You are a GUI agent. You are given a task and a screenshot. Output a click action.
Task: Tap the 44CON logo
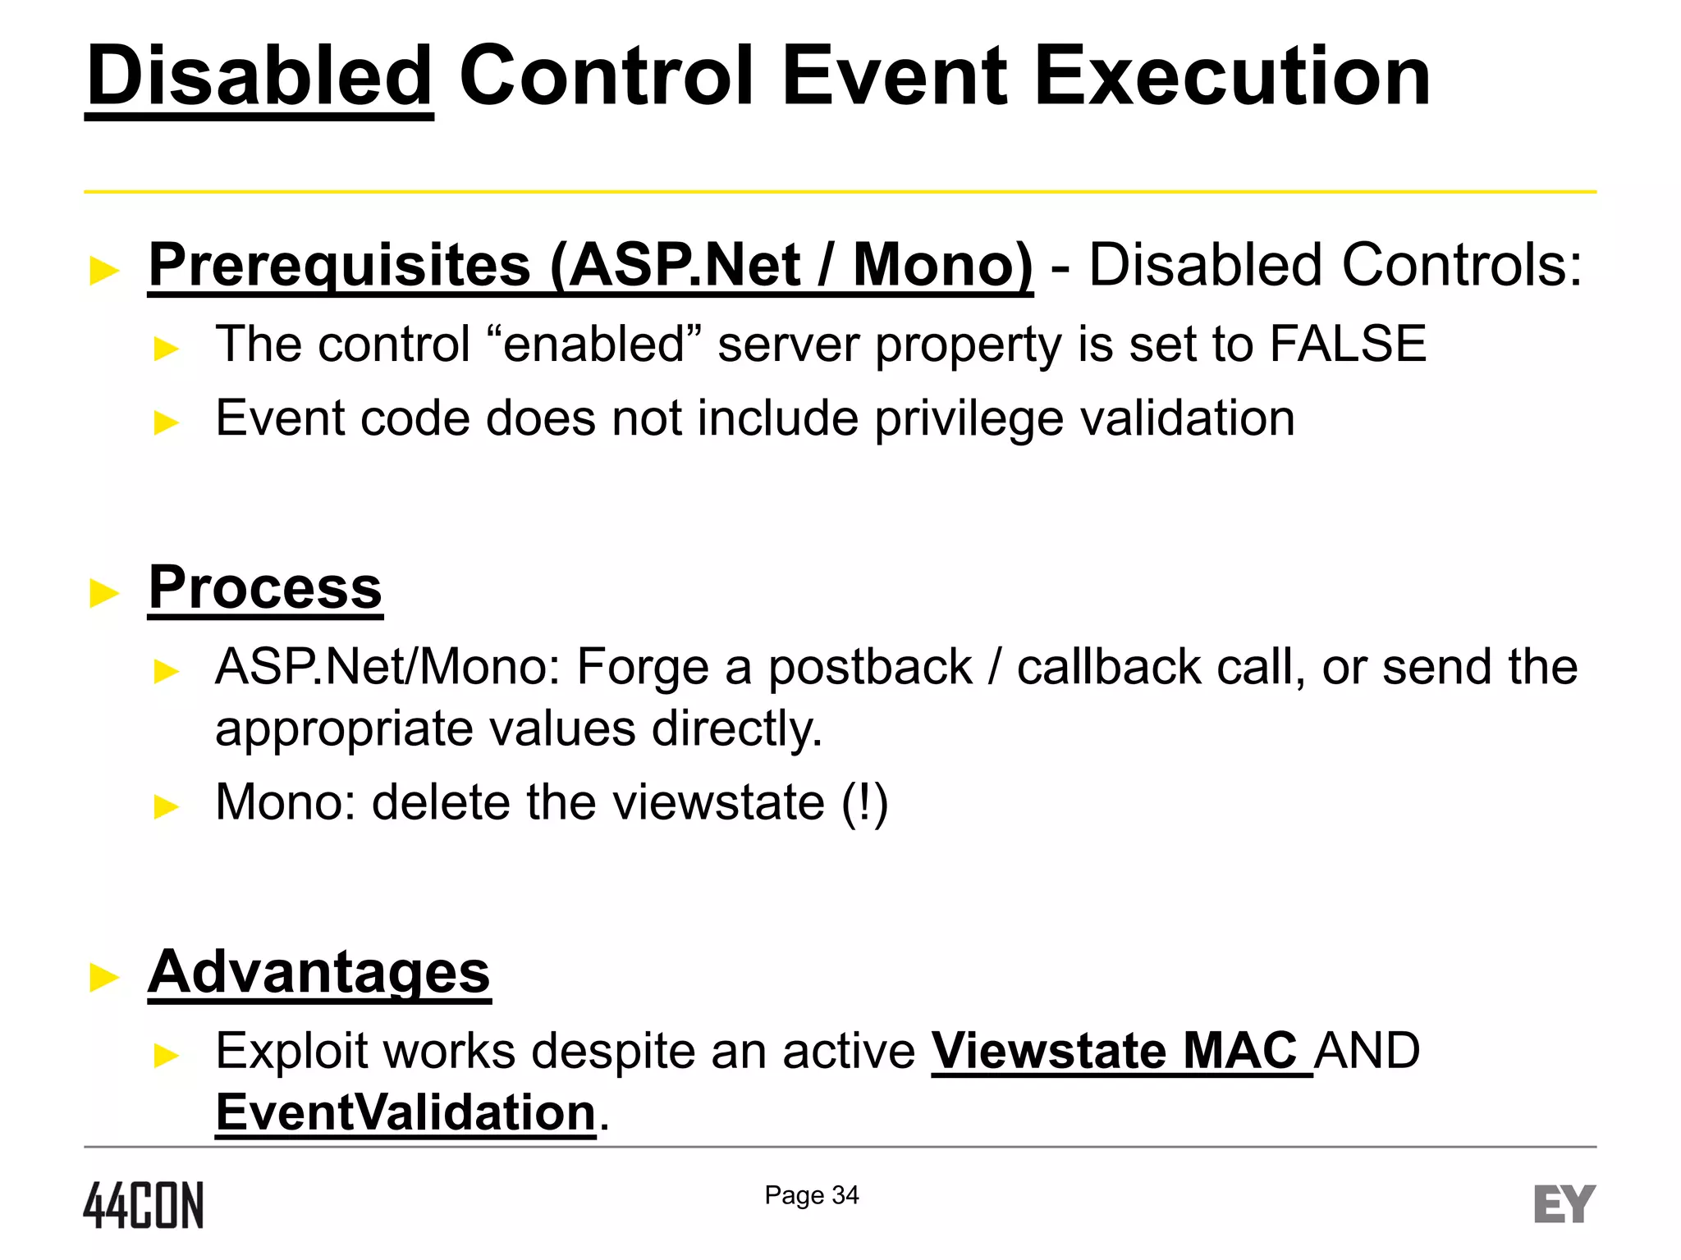tap(144, 1204)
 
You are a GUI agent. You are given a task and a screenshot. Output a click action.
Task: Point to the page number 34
tap(845, 1195)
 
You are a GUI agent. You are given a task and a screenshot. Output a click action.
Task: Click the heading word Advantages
tap(319, 972)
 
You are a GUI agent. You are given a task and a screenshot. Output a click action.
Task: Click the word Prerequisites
tap(340, 265)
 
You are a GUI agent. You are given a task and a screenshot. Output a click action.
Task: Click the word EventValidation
tap(405, 1112)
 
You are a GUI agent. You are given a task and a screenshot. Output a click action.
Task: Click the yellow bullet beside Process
tap(104, 592)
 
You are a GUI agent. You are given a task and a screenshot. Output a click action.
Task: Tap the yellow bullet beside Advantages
tap(104, 977)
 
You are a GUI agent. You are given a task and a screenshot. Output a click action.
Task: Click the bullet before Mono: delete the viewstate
tap(166, 806)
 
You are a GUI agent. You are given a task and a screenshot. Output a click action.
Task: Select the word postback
tap(870, 666)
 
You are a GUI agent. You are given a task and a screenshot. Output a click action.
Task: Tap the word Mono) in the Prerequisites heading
tap(942, 265)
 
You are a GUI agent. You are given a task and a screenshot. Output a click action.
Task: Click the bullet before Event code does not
tap(166, 422)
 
